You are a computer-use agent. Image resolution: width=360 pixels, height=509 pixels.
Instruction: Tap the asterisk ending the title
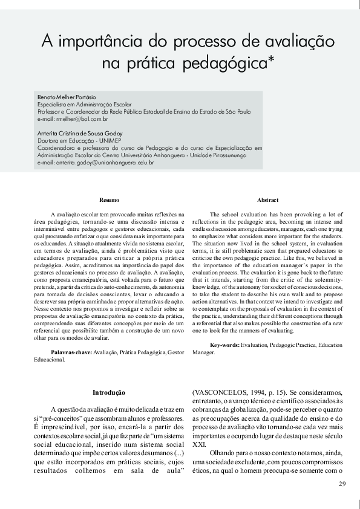tap(272, 61)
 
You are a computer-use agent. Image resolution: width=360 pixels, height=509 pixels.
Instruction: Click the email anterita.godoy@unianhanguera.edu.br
tap(96, 163)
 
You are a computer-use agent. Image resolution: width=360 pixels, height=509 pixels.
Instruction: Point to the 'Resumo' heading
tap(109, 199)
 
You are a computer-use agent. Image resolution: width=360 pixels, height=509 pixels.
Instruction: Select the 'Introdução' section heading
tap(109, 392)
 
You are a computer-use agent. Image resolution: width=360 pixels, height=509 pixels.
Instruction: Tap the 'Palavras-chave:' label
tap(71, 351)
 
